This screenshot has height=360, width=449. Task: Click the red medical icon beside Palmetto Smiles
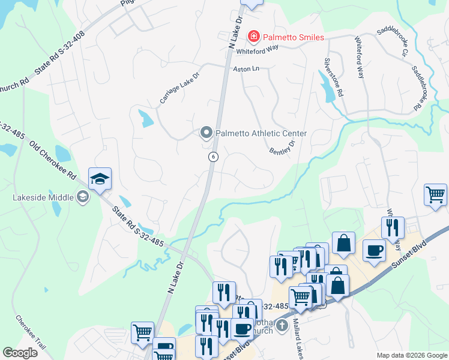tap(253, 37)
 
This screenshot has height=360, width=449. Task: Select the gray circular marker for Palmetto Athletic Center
tap(206, 133)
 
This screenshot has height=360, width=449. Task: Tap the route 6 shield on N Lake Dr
tap(213, 156)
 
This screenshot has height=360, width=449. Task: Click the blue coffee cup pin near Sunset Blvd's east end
tap(375, 250)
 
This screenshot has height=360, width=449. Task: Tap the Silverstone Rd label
tap(334, 77)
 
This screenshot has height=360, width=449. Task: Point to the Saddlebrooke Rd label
tap(422, 88)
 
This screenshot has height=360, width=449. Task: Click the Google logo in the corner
tap(20, 352)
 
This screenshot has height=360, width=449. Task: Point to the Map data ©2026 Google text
tap(411, 355)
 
